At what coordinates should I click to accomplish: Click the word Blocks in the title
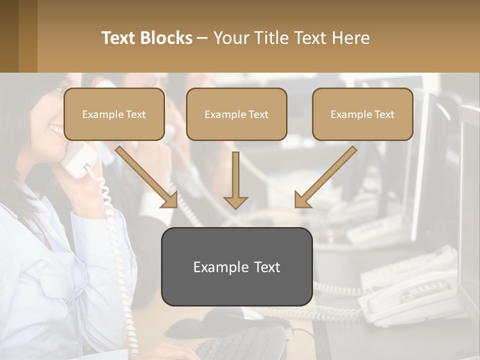pos(167,38)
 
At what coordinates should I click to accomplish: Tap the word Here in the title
pos(352,38)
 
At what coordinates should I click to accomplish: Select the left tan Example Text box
pos(114,114)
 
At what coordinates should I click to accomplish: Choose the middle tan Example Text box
pos(236,114)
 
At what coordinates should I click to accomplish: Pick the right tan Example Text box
pos(362,114)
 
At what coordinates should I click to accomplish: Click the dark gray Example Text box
pos(236,266)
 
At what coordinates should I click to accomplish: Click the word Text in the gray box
pos(264,267)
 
